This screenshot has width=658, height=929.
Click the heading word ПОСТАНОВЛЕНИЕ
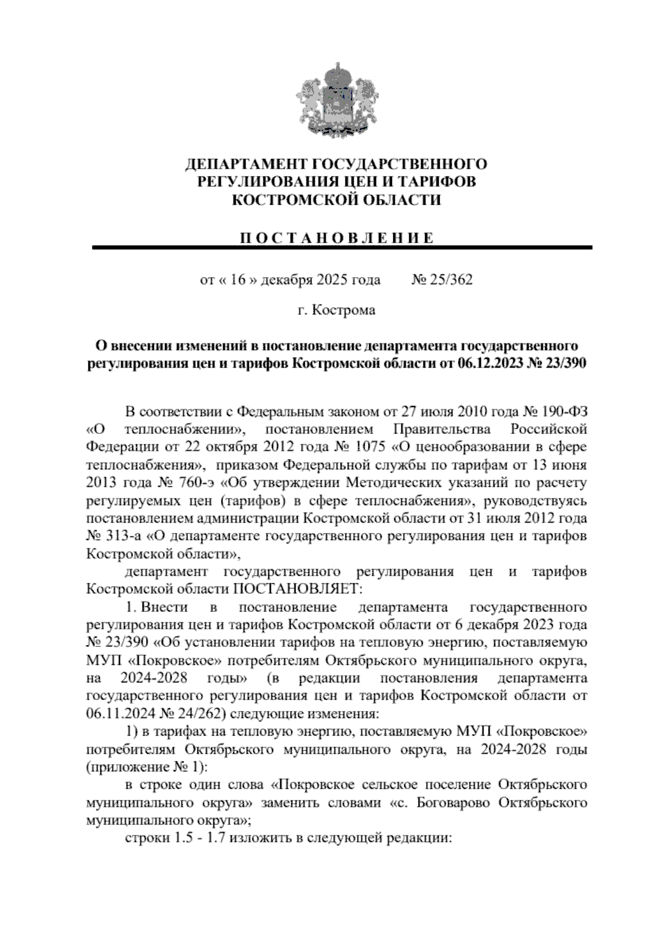[x=336, y=238]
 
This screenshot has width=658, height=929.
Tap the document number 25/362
[x=447, y=280]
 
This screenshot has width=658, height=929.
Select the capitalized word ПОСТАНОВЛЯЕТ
[x=297, y=589]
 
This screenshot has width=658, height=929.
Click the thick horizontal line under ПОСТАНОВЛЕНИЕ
[x=343, y=248]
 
